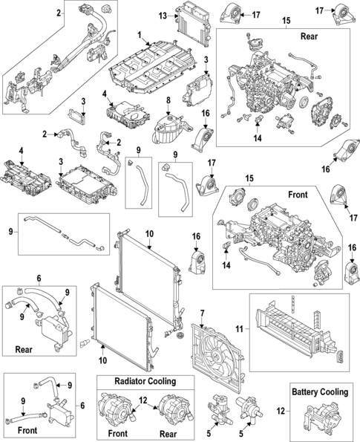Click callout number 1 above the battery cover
(139, 35)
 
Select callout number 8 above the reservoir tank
(168, 100)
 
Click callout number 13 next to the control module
(162, 15)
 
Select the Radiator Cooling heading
(145, 381)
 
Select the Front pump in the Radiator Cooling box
(117, 410)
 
